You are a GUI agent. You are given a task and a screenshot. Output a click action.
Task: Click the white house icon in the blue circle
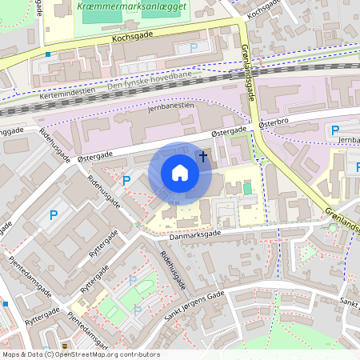click(180, 173)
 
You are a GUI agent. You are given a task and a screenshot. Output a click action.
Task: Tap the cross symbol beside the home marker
click(203, 156)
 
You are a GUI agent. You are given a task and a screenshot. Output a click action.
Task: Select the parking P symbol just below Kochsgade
click(193, 48)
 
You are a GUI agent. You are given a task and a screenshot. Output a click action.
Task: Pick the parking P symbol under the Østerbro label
click(335, 130)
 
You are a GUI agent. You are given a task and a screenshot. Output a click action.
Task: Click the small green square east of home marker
click(246, 189)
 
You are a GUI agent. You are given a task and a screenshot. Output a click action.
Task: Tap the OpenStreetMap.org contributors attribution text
click(104, 354)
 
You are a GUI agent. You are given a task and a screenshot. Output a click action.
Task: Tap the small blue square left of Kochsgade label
click(48, 54)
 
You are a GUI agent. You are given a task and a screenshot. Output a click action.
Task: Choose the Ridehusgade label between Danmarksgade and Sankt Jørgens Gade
click(174, 269)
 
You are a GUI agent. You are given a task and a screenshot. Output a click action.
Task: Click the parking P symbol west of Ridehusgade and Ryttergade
click(54, 214)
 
